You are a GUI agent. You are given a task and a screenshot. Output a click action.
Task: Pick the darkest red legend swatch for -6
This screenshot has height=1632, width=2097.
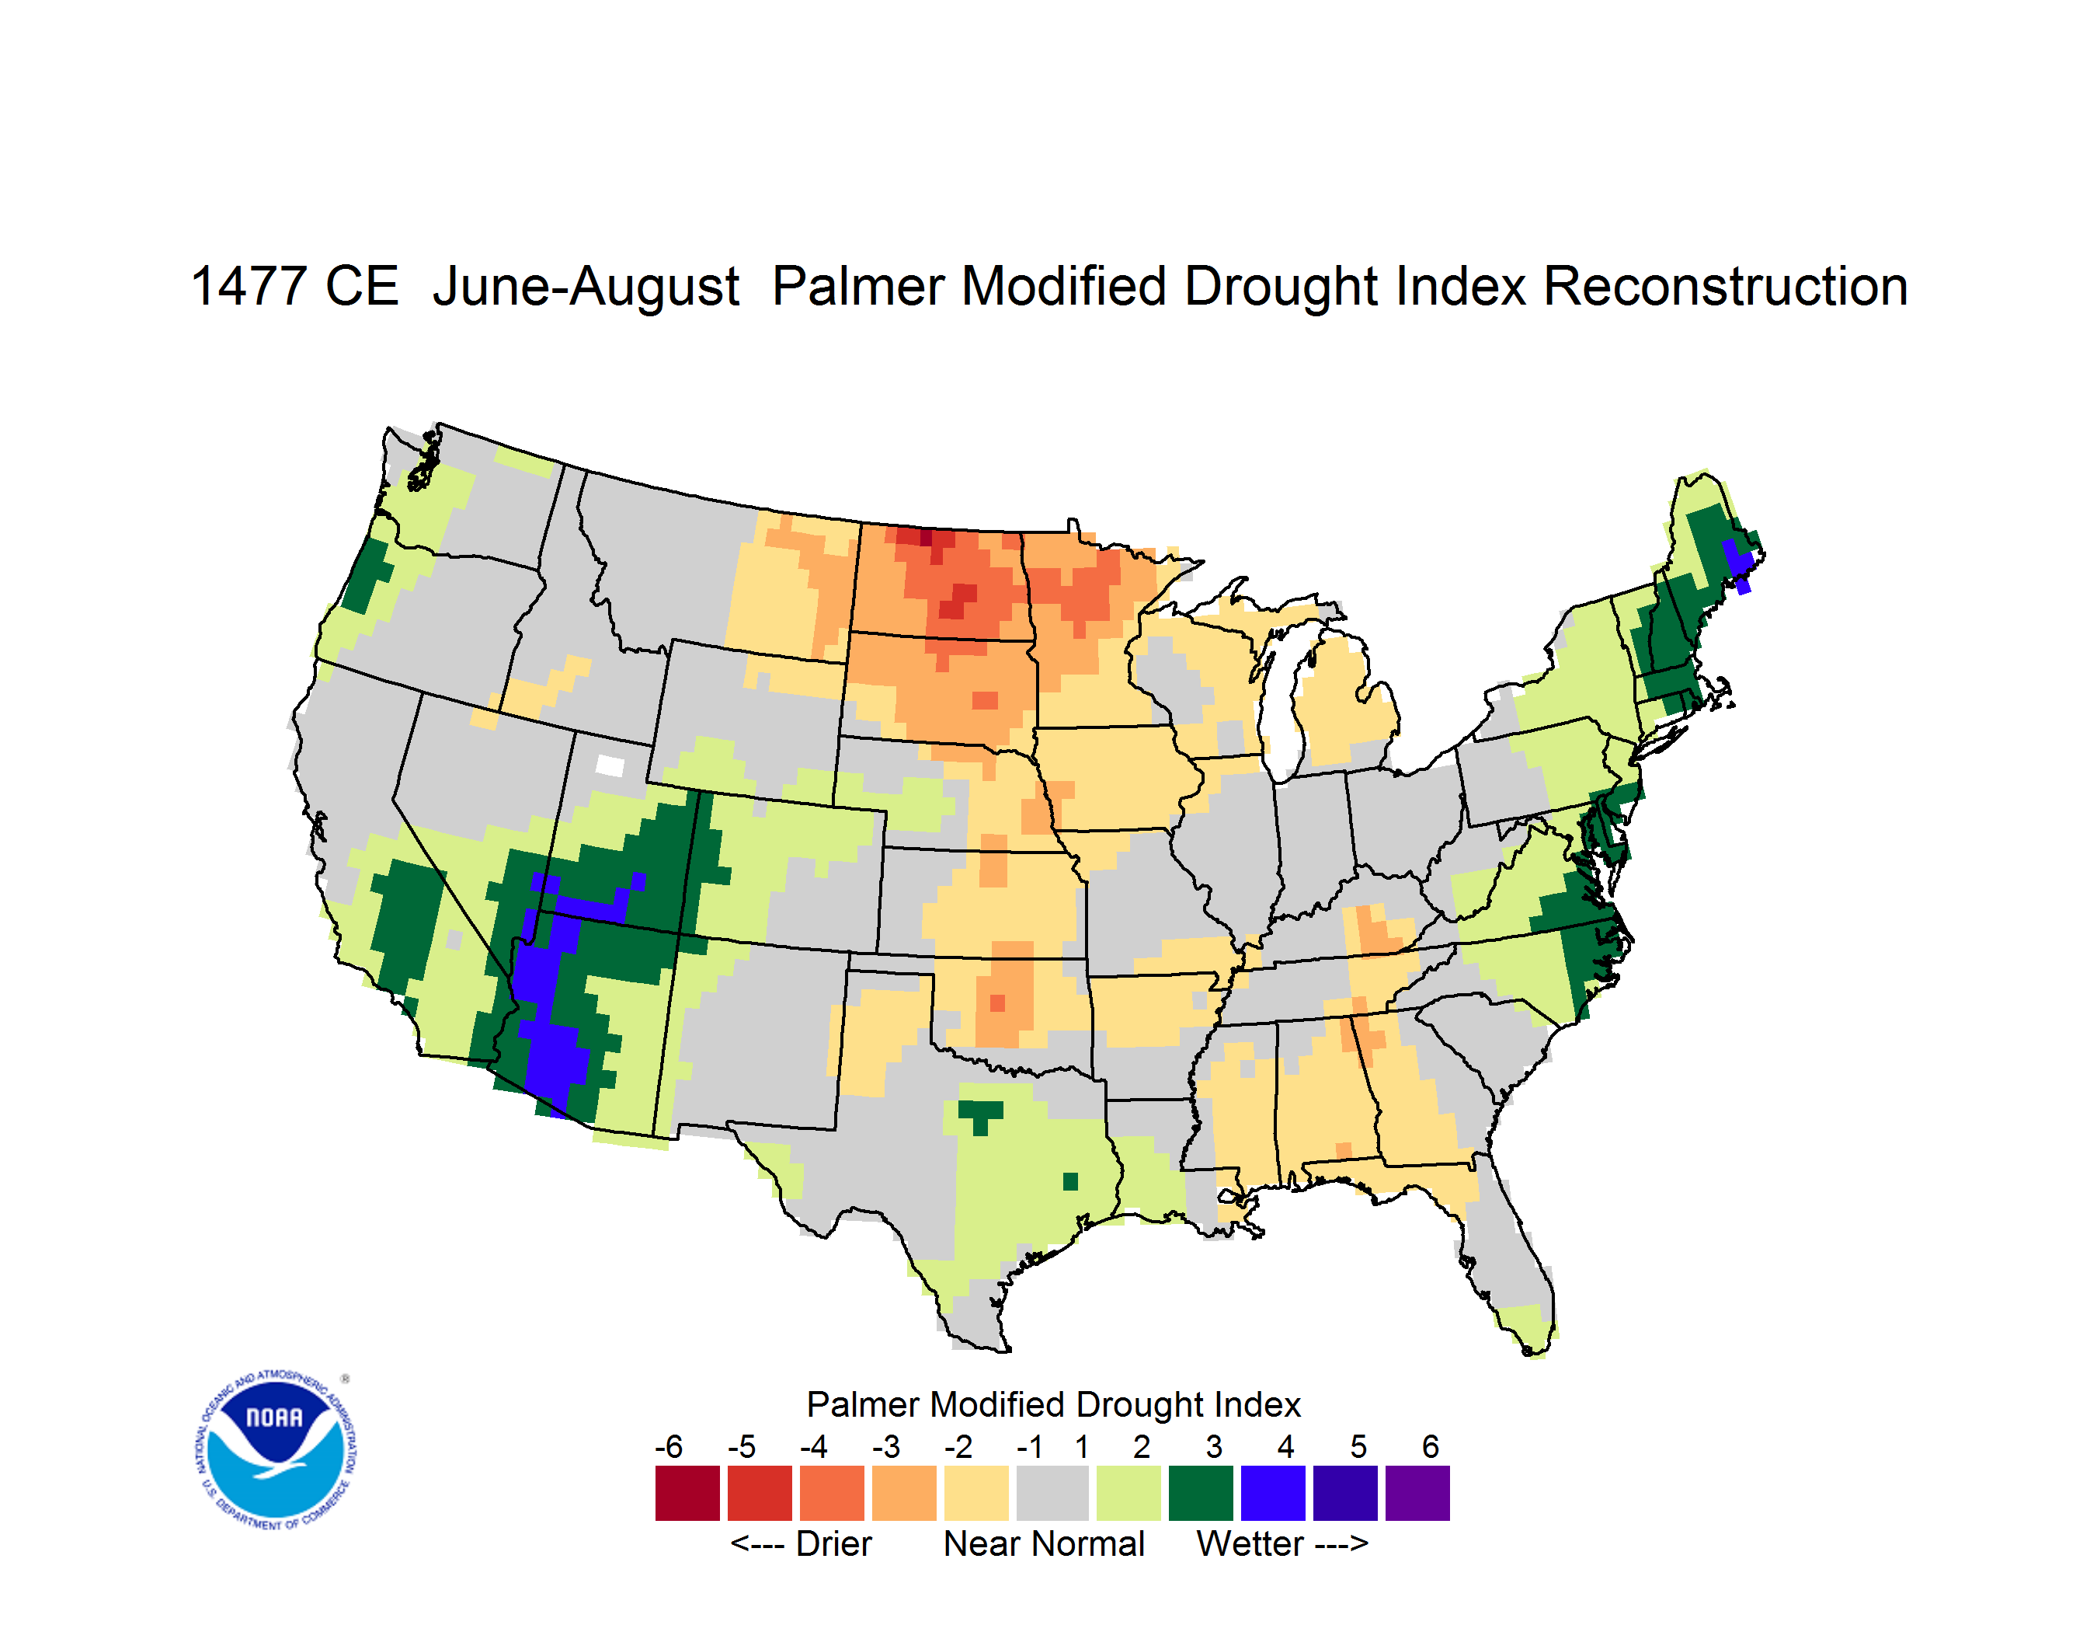(687, 1493)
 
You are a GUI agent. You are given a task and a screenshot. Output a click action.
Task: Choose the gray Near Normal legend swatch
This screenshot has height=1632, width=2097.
(1052, 1493)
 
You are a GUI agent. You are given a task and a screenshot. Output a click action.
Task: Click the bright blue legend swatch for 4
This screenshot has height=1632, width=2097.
(1272, 1493)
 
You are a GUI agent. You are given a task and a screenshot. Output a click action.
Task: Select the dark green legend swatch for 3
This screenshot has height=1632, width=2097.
(1200, 1493)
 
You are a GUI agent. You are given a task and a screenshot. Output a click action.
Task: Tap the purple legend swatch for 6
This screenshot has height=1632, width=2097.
(1417, 1493)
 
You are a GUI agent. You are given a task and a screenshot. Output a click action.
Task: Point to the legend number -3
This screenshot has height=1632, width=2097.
(885, 1446)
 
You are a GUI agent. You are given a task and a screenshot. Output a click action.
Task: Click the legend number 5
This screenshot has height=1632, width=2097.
(1358, 1446)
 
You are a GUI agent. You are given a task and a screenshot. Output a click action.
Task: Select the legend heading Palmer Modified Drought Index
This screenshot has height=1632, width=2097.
(1053, 1404)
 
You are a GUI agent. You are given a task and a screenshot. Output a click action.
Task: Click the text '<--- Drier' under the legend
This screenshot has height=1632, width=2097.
(801, 1543)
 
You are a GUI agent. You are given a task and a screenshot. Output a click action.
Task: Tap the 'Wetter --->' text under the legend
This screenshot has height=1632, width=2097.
(1281, 1543)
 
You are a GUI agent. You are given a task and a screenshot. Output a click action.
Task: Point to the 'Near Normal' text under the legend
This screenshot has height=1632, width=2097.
(1044, 1543)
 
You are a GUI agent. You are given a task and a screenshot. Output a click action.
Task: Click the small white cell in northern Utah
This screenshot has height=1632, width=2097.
(610, 765)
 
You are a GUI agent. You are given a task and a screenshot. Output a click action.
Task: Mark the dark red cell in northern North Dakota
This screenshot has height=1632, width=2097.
(925, 537)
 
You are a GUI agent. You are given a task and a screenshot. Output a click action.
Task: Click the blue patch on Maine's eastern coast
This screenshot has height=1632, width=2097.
(1739, 562)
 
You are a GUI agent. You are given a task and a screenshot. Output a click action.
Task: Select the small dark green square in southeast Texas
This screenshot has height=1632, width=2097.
(1069, 1180)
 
